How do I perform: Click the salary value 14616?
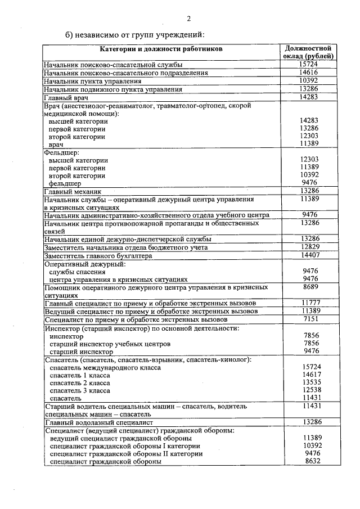pos(310,73)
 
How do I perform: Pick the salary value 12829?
pos(310,247)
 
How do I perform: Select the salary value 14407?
pos(310,255)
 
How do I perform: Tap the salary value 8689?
pos(310,287)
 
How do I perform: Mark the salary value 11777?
pos(310,303)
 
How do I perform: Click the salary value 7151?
pos(310,319)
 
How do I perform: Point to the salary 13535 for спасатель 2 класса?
pos(311,382)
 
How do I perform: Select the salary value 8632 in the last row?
pos(311,461)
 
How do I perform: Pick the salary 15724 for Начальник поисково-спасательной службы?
pos(310,65)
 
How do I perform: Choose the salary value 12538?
pos(311,390)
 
